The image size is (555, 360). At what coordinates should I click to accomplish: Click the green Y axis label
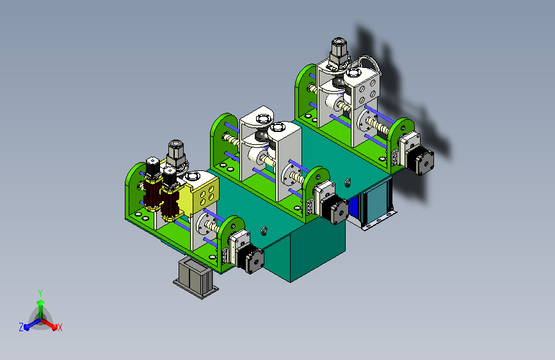pos(40,293)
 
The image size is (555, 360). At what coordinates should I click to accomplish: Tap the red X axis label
pos(60,328)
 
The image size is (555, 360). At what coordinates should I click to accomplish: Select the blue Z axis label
pos(21,327)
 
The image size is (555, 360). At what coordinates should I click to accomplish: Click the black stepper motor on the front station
pos(251,258)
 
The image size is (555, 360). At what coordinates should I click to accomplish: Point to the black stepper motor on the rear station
pos(420,160)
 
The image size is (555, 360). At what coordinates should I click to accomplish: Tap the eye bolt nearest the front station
pos(263,231)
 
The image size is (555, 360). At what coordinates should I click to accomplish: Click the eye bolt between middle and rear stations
pos(348,183)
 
